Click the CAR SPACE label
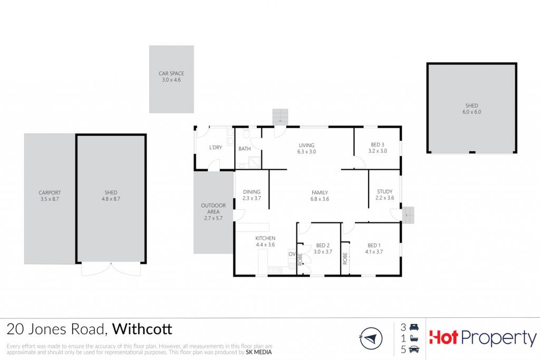coord(171,73)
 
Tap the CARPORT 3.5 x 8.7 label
coord(50,196)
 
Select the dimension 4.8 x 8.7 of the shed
coord(111,199)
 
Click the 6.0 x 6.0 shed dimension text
coord(472,112)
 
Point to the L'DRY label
coord(216,147)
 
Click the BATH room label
coord(245,149)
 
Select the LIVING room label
coord(306,145)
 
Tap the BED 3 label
coord(378,144)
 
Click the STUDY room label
coord(384,191)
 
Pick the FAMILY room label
coord(320,193)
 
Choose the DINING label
coord(252,192)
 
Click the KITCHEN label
coord(265,238)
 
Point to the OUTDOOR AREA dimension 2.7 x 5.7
coord(214,218)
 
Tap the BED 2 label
coord(323,246)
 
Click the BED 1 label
coord(374,246)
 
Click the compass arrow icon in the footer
coord(371,338)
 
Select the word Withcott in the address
coord(142,329)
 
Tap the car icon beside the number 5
coord(414,349)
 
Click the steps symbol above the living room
coord(280,118)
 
